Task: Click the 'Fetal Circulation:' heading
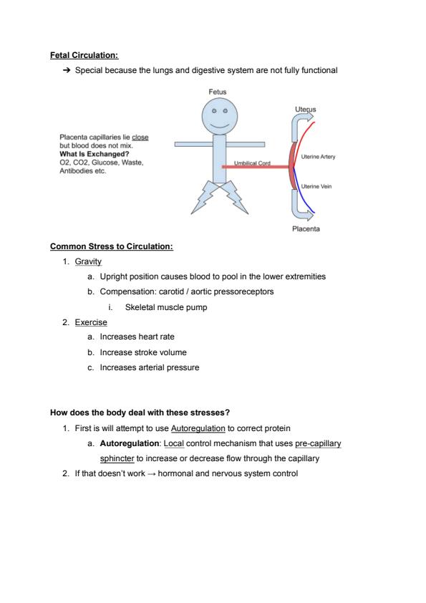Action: click(x=84, y=55)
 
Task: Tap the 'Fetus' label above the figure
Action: click(x=217, y=92)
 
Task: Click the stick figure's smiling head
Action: click(x=220, y=116)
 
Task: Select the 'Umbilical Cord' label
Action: click(x=252, y=163)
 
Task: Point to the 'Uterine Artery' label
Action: click(x=318, y=157)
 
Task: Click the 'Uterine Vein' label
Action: click(x=316, y=186)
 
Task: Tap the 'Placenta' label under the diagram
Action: click(x=306, y=229)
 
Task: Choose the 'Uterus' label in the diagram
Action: click(x=305, y=110)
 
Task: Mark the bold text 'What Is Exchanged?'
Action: click(x=95, y=154)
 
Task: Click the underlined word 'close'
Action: click(x=140, y=138)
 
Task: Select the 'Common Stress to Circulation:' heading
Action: click(x=112, y=246)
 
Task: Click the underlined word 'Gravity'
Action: click(x=88, y=261)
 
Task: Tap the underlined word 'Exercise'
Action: click(x=91, y=322)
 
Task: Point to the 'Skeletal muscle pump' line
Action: click(x=166, y=307)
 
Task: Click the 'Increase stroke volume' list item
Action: click(x=143, y=352)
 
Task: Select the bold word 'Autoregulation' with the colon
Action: click(x=131, y=443)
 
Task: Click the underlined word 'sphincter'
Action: click(x=117, y=458)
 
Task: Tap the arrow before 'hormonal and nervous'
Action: click(x=152, y=474)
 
